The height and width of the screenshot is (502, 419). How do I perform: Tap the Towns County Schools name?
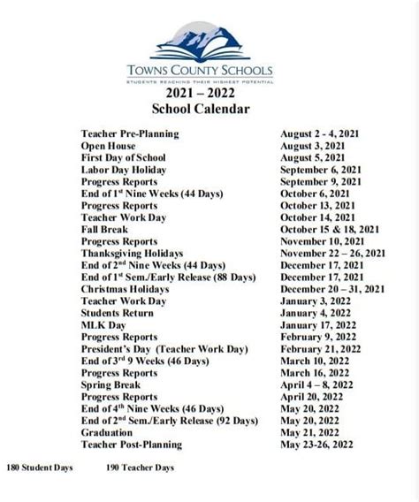coord(213,70)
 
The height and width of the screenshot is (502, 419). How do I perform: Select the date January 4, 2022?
coord(315,313)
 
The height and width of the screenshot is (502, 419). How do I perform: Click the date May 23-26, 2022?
coord(321,445)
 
